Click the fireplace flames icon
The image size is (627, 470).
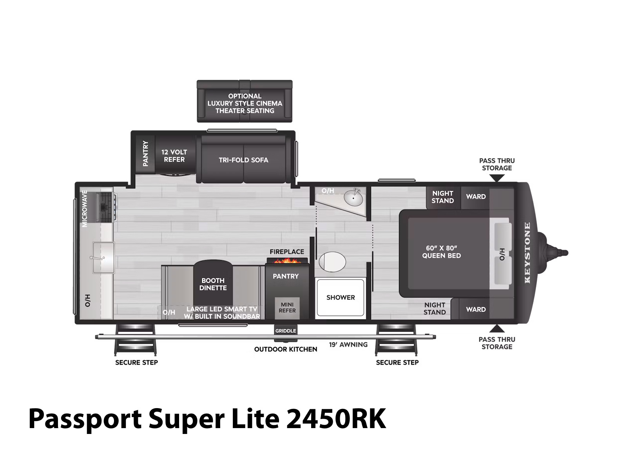(286, 260)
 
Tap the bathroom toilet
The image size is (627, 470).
(332, 261)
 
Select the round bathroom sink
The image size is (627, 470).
(353, 197)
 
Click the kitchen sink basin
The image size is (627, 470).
(103, 258)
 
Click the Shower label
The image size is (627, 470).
(341, 297)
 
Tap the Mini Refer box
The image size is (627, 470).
(287, 308)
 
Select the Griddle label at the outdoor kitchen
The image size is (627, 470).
(285, 331)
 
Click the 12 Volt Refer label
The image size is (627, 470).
(174, 156)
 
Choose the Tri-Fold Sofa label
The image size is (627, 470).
(243, 160)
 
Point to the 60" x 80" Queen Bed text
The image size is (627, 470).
(441, 252)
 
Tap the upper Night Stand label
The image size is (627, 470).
(442, 197)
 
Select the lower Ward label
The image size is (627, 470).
(476, 309)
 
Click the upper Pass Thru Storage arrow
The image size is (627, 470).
(497, 178)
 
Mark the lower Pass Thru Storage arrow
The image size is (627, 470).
(497, 329)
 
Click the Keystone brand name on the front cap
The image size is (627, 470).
(527, 253)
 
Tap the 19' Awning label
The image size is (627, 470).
(348, 345)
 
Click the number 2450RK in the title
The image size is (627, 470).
(336, 419)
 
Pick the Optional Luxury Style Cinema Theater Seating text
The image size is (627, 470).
(245, 103)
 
